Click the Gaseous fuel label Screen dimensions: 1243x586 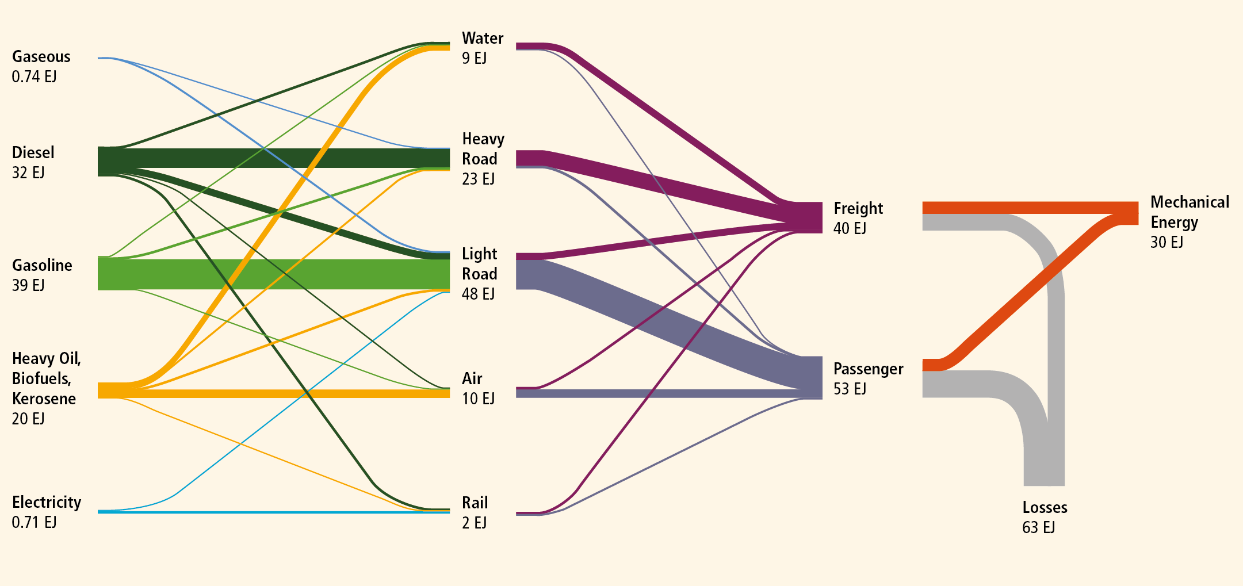pos(41,56)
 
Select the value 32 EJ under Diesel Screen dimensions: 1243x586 pos(28,173)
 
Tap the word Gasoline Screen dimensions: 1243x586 pos(42,265)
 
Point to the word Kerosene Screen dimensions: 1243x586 pos(44,399)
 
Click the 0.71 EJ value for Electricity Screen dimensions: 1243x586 pos(34,522)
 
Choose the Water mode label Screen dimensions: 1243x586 pos(483,38)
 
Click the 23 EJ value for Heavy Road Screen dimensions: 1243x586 pos(478,179)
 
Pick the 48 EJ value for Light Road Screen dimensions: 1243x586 pos(478,294)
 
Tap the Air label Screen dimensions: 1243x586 pos(472,378)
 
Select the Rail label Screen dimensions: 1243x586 pos(475,503)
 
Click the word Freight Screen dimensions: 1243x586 pos(858,208)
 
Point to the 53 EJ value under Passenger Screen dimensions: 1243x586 pos(850,389)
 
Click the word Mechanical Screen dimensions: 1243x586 pos(1190,202)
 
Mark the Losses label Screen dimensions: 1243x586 pos(1045,507)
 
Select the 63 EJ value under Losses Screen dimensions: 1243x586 pos(1038,527)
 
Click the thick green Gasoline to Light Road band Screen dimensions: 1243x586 pos(274,274)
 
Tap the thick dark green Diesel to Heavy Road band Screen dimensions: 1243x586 pos(274,158)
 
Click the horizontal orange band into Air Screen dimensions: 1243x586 pos(274,393)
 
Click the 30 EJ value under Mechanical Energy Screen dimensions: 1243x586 pos(1166,242)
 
